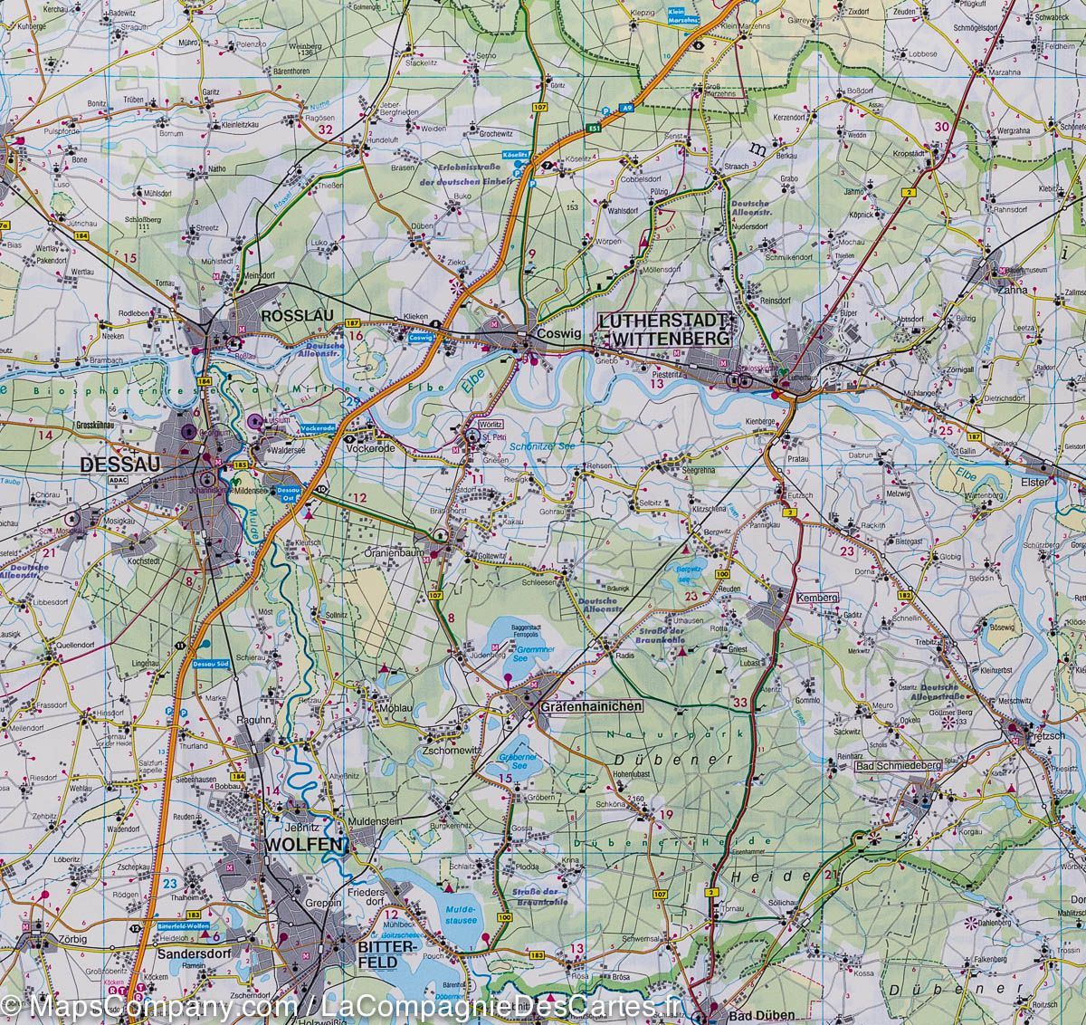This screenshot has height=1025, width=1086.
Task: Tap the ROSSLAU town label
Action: tap(298, 316)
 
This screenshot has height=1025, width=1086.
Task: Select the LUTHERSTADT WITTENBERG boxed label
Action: tap(665, 329)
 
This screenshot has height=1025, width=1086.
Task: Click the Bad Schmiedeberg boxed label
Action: tap(899, 766)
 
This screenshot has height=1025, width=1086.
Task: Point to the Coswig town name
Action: tap(557, 333)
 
